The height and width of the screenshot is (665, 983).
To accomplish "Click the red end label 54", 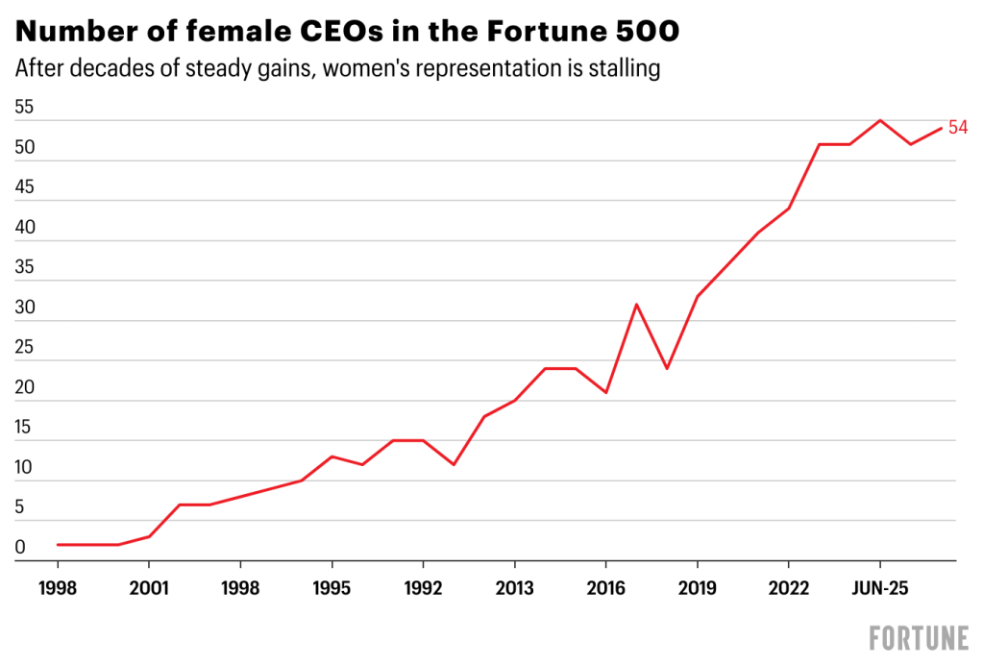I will pos(957,128).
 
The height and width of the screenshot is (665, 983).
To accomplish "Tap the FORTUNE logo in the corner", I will pos(918,637).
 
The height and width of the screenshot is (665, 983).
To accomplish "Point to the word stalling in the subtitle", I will pos(622,69).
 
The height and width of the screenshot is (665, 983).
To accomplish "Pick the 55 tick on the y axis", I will pos(25,108).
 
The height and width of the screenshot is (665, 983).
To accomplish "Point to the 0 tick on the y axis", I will pos(20,548).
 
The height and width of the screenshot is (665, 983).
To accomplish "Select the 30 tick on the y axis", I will pos(25,308).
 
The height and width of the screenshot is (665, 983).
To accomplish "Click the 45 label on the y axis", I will pos(25,187).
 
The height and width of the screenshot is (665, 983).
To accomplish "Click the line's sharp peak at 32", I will pos(636,305).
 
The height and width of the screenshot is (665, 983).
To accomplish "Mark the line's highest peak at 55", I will pos(879,120).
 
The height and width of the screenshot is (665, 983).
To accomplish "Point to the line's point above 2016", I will pos(605,392).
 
